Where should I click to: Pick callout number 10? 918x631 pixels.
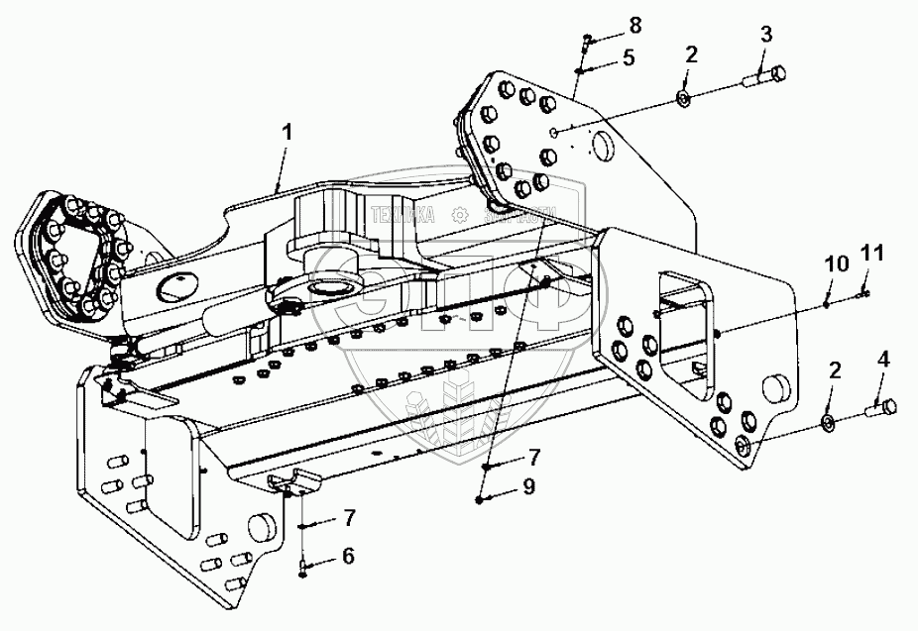(x=836, y=264)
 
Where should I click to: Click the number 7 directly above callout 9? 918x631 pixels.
(x=533, y=457)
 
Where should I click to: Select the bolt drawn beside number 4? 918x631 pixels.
(x=879, y=406)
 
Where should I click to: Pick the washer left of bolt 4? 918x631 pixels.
(x=826, y=425)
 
